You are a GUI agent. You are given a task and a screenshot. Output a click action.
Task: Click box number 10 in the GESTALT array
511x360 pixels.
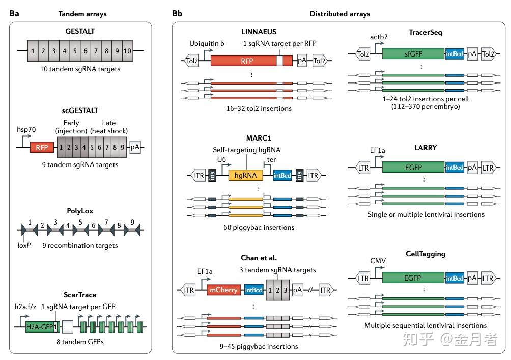127,51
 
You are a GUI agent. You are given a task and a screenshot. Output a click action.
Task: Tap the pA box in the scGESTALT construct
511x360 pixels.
135,148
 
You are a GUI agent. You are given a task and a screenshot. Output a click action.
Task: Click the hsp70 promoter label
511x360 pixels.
26,130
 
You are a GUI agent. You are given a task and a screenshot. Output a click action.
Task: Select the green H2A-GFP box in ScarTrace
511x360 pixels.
40,326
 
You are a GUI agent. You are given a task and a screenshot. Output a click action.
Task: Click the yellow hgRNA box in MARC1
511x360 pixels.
246,175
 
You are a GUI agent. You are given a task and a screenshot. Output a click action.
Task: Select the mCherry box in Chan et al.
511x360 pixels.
223,290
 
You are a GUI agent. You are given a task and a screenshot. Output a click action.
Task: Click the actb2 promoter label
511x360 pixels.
379,37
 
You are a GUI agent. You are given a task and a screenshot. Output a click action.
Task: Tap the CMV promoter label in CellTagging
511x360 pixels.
378,261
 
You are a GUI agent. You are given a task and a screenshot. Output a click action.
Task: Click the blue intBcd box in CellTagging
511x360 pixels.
455,279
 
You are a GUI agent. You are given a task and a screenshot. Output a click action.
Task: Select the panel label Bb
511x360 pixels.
177,13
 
